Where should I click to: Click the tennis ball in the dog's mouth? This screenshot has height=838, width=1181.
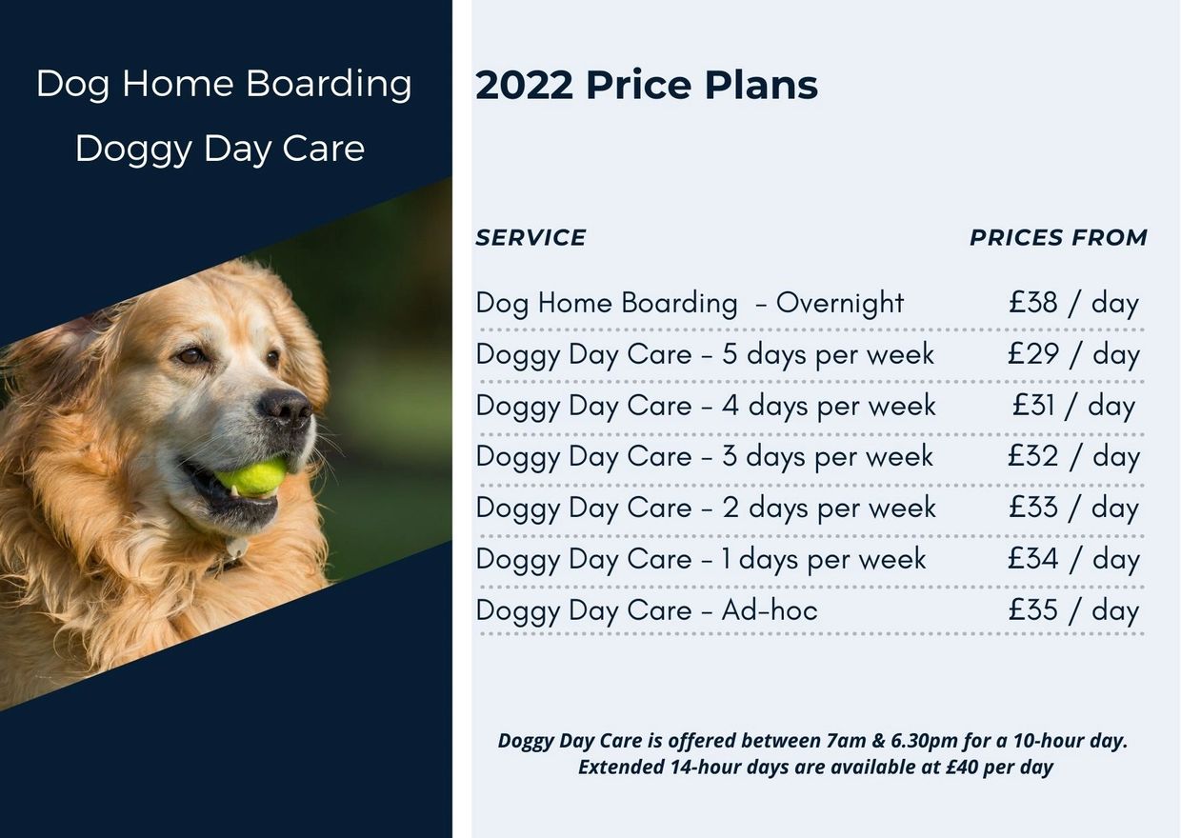pyautogui.click(x=252, y=477)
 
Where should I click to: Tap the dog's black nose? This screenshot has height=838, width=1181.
pyautogui.click(x=287, y=408)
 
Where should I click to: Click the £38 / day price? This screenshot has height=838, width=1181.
pyautogui.click(x=1074, y=304)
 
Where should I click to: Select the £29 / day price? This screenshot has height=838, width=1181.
pyautogui.click(x=1074, y=354)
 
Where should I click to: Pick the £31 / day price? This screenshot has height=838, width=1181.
pyautogui.click(x=1074, y=407)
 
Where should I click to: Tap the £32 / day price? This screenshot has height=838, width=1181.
pyautogui.click(x=1074, y=457)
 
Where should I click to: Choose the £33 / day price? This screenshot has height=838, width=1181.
pyautogui.click(x=1074, y=509)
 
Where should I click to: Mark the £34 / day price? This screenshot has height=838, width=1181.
pyautogui.click(x=1074, y=559)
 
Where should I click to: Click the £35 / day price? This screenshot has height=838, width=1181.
pyautogui.click(x=1074, y=610)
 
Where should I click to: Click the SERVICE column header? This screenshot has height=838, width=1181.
pyautogui.click(x=530, y=238)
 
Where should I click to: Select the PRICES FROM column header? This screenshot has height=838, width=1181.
pyautogui.click(x=1059, y=238)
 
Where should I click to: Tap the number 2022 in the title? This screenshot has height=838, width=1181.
pyautogui.click(x=524, y=85)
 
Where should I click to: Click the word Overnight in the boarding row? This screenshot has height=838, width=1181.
pyautogui.click(x=840, y=304)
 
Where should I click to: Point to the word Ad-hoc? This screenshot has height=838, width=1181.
pyautogui.click(x=770, y=610)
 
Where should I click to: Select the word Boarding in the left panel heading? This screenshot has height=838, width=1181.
pyautogui.click(x=329, y=85)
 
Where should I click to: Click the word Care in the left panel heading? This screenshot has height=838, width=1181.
pyautogui.click(x=323, y=149)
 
